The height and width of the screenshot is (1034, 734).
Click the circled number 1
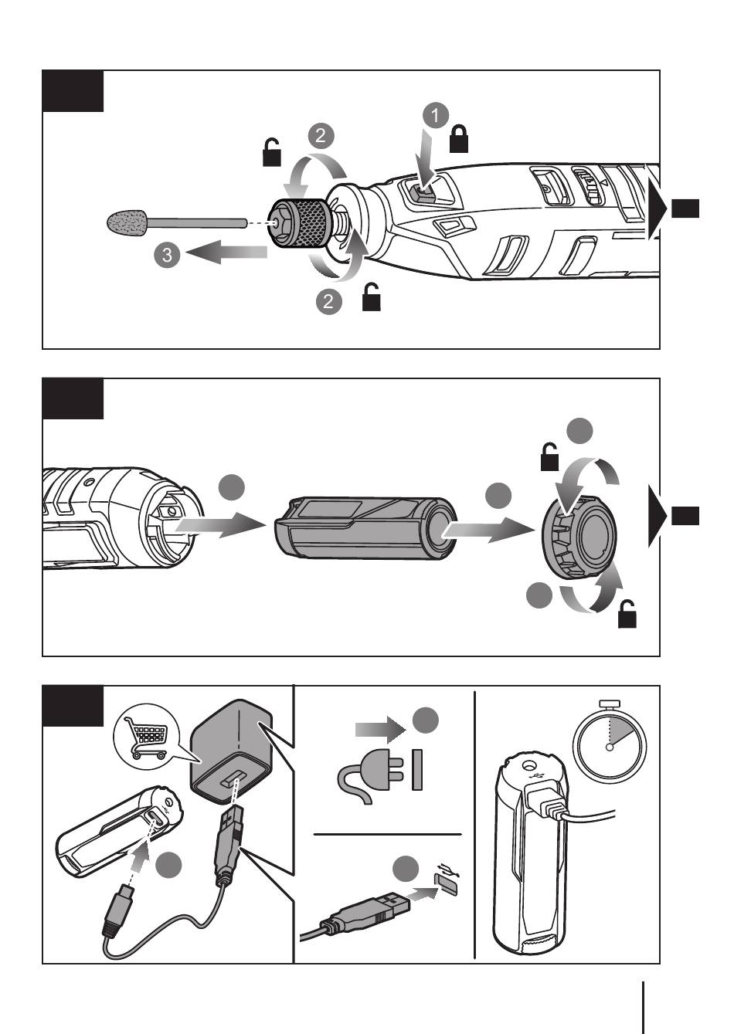coord(435,115)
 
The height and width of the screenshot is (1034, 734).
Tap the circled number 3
coord(167,254)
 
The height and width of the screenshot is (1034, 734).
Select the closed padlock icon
coord(459,139)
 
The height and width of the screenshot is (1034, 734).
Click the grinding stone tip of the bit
coord(127,222)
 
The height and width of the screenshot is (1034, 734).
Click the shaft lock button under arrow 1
coord(423,192)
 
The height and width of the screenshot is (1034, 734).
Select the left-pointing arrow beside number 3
coord(226,253)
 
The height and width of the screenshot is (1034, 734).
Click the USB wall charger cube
coord(231,755)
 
